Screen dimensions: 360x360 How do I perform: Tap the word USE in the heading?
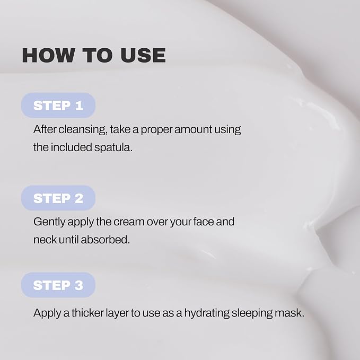click(x=143, y=55)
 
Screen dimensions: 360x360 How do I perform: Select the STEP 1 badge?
click(x=58, y=106)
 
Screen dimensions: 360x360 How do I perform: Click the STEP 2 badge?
click(x=58, y=198)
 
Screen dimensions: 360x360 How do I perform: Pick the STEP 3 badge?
click(x=58, y=285)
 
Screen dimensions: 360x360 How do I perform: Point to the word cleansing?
click(x=83, y=130)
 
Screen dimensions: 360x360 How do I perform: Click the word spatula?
click(x=113, y=147)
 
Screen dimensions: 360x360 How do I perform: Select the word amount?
click(x=193, y=129)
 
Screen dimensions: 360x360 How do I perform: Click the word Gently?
click(x=49, y=222)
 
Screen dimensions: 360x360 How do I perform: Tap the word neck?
click(x=45, y=240)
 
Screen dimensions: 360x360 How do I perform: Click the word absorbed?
click(x=106, y=240)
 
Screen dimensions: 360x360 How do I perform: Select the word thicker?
click(x=87, y=313)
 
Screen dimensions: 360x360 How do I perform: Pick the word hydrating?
click(x=207, y=313)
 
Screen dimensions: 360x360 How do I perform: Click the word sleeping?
click(x=252, y=313)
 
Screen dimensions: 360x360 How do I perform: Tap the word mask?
click(x=289, y=313)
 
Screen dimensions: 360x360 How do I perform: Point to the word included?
click(x=72, y=147)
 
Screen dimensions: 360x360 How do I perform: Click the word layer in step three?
click(x=117, y=313)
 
